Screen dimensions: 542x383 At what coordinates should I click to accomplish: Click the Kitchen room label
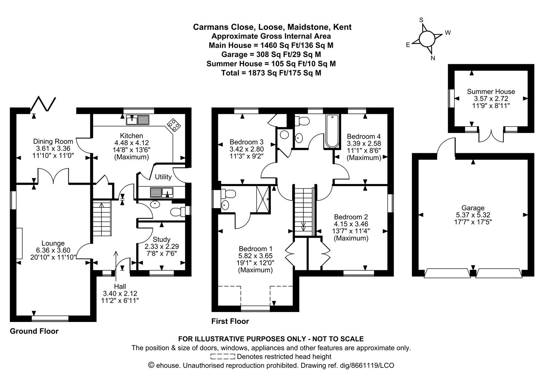click(x=132, y=135)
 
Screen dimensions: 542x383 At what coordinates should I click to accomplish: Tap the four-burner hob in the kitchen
click(x=174, y=125)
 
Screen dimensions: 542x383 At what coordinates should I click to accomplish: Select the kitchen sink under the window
click(x=138, y=120)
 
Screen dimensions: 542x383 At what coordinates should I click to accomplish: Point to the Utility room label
click(x=163, y=177)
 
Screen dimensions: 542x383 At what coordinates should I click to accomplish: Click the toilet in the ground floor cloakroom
click(x=178, y=212)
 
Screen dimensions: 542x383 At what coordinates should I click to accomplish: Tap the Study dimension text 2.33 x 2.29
click(x=162, y=246)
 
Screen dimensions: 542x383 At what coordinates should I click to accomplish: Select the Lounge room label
click(x=53, y=243)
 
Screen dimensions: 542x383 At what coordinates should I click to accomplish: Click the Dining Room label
click(x=53, y=141)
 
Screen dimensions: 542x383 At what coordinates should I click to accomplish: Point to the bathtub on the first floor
click(x=332, y=131)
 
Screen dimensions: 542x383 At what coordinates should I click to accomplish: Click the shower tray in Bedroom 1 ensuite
click(x=263, y=199)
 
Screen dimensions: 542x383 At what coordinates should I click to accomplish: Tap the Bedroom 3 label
click(x=247, y=142)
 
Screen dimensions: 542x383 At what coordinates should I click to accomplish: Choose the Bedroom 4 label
click(x=364, y=136)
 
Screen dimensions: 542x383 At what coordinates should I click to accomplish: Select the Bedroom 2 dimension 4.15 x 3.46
click(x=351, y=224)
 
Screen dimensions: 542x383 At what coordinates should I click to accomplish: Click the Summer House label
click(x=491, y=91)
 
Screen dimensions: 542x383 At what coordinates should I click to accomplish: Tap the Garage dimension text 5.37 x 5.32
click(x=473, y=215)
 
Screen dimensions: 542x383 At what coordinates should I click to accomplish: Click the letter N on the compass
click(x=433, y=58)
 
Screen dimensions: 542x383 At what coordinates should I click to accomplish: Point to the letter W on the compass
click(x=448, y=33)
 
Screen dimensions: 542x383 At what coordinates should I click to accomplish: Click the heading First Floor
click(x=230, y=321)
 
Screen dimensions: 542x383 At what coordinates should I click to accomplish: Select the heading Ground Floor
click(x=34, y=331)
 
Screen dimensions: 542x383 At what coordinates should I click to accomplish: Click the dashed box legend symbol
click(x=223, y=356)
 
